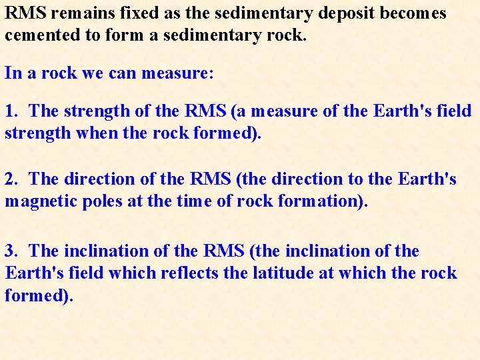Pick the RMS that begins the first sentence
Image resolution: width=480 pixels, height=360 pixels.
coord(22,13)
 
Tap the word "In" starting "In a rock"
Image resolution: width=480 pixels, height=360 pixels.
coord(13,73)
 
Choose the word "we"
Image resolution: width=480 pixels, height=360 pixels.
coord(92,73)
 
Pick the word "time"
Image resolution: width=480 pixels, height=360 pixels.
coord(197,201)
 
